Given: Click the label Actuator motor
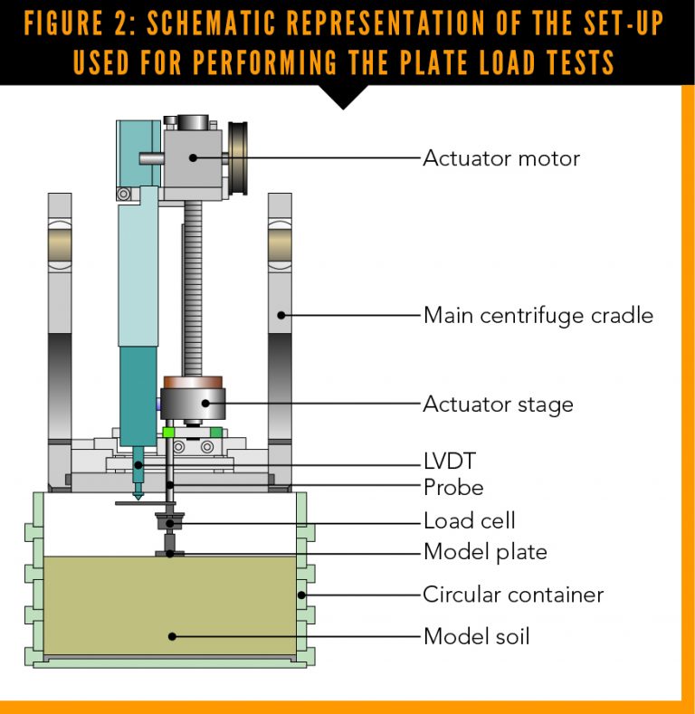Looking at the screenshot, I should coord(501,158).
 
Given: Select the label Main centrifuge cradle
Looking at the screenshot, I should coord(538,316).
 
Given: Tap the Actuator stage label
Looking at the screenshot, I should coord(498,404).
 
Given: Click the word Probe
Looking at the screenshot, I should coord(453,488).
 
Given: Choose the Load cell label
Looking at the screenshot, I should coord(469,521).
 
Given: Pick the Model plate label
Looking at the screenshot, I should coord(485,552).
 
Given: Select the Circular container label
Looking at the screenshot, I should coord(513,595).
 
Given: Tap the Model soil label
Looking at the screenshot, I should coord(476,636).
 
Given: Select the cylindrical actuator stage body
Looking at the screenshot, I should coord(192,403).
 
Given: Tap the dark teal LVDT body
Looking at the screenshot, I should coord(138,398).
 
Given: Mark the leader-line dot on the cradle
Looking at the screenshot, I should coord(282,316).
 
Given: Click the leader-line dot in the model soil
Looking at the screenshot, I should coord(171,636).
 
